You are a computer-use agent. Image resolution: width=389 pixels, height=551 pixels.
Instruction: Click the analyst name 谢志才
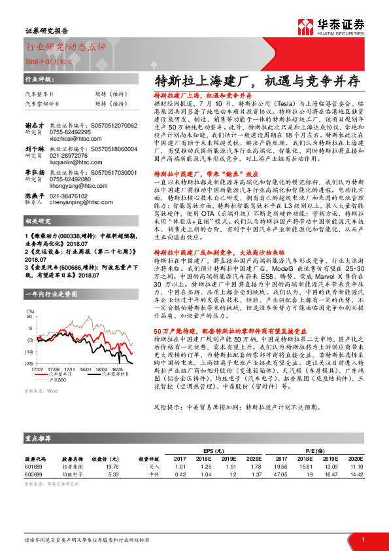[x=35, y=125]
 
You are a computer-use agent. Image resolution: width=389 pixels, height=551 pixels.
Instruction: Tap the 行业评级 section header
[x=39, y=78]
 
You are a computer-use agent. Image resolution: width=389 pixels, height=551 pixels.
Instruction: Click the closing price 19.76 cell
[x=112, y=467]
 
